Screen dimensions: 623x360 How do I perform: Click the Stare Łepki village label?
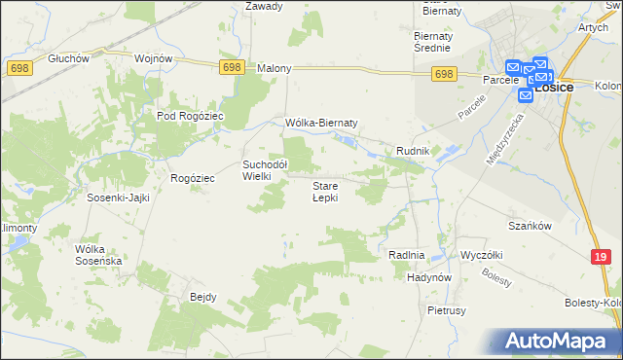[x=324, y=192]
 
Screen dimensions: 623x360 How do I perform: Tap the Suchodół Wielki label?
[x=264, y=170]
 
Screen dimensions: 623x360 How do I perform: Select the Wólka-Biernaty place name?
[x=322, y=123]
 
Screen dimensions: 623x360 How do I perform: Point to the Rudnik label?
[x=413, y=150]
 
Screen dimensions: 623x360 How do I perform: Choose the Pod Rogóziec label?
[x=191, y=116]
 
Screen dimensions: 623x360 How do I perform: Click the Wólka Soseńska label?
[x=98, y=255]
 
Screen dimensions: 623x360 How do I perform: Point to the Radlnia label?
[x=407, y=255]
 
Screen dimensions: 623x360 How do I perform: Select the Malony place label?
[x=275, y=69]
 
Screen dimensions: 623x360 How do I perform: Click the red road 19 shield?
[x=601, y=256]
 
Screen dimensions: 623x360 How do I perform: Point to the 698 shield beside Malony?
[x=231, y=66]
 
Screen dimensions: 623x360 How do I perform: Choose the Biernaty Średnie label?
[x=431, y=40]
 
